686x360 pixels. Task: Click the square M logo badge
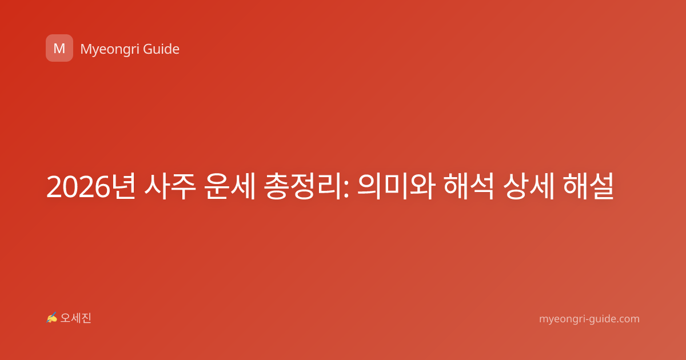59,48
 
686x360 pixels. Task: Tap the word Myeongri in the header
109,50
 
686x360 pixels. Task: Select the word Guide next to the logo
161,49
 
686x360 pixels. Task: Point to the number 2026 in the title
78,187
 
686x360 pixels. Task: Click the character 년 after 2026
123,186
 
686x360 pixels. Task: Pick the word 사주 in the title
170,186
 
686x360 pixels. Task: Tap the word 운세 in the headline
230,186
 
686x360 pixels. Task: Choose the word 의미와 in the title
396,186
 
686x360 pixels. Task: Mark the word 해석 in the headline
469,186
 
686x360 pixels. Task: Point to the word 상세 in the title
529,186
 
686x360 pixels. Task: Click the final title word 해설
588,186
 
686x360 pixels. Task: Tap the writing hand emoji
52,318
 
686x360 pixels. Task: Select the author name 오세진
75,318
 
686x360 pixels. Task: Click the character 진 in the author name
86,318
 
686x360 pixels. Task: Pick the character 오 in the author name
65,318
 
